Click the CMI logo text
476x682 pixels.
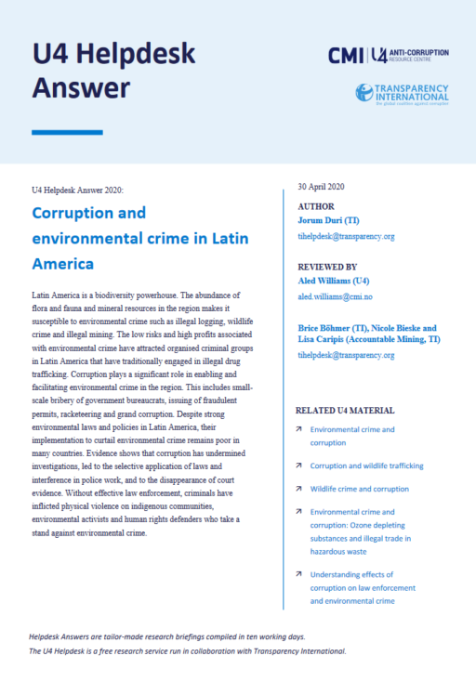pos(346,56)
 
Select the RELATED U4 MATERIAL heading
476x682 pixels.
pos(344,410)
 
